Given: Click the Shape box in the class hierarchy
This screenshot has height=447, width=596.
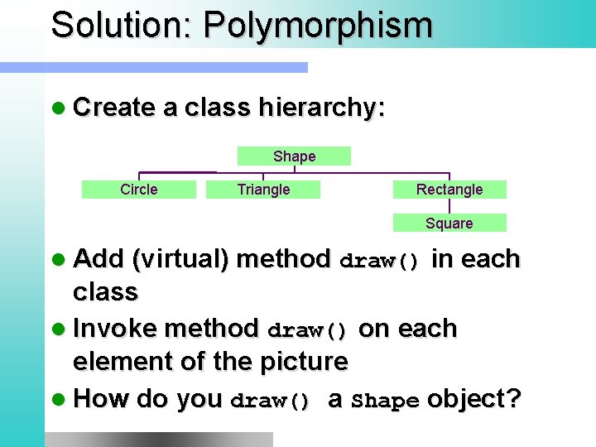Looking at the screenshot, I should click(x=294, y=156).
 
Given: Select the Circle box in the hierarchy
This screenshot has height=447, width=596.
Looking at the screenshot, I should click(x=138, y=190).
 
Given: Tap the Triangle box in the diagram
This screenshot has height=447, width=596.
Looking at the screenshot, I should click(x=263, y=190).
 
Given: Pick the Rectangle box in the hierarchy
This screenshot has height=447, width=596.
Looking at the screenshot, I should click(x=449, y=190).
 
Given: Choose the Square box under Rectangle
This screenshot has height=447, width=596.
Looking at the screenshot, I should click(x=449, y=223).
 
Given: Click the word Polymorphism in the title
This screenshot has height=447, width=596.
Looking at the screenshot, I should click(x=318, y=25).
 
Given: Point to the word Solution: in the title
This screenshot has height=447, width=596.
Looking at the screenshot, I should click(x=121, y=25).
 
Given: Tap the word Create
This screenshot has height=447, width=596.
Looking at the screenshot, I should click(x=114, y=108).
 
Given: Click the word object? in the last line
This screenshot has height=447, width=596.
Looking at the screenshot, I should click(x=474, y=399).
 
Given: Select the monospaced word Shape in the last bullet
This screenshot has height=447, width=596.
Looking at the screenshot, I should click(x=385, y=401).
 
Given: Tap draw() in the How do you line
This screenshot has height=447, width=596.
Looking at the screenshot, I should click(x=271, y=401).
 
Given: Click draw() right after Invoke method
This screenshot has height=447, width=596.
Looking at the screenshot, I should click(x=309, y=331).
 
